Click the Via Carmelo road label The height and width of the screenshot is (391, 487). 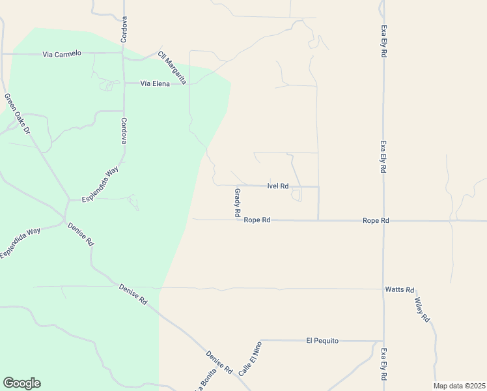click(62, 53)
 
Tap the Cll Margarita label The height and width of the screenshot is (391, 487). click(172, 68)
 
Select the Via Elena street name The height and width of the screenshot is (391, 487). click(150, 83)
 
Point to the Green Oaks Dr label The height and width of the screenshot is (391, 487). click(18, 114)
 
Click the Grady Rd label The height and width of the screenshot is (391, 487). click(238, 203)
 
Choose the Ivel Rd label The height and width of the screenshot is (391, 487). click(277, 186)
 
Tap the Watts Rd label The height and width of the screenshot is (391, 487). click(399, 289)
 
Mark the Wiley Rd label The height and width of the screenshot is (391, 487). click(422, 310)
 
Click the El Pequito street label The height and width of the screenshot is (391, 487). click(322, 340)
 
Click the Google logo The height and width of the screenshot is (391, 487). click(21, 383)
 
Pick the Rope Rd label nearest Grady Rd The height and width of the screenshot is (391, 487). click(257, 220)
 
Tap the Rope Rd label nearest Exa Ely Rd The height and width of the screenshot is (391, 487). click(376, 221)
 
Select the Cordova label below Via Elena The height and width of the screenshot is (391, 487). click(123, 130)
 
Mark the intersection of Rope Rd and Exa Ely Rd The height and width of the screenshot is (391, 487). click(383, 221)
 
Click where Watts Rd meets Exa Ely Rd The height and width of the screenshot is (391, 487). click(383, 289)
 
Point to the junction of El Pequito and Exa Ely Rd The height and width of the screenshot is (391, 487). click(383, 340)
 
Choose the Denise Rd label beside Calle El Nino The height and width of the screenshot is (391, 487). click(219, 362)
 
